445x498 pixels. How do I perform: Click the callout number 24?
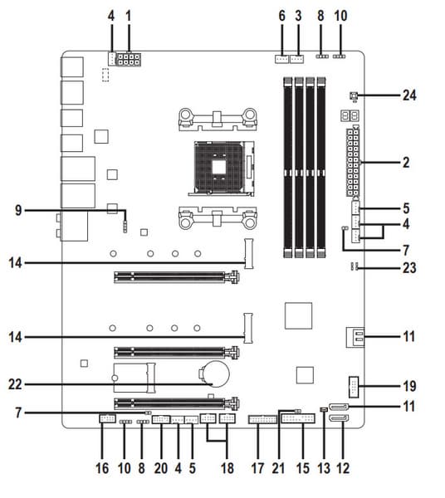coord(409,95)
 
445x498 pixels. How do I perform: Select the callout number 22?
coord(15,384)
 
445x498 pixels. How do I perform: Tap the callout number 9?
coord(19,210)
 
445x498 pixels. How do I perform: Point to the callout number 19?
coord(409,386)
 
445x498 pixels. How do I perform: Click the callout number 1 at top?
coord(129,16)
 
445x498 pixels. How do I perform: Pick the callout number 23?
coord(409,268)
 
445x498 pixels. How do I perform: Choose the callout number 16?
coord(102,468)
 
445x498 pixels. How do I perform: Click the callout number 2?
coord(406,163)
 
